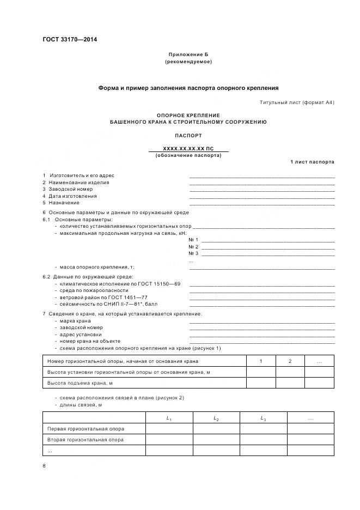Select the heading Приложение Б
coord(188,55)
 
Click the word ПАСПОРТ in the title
coord(188,135)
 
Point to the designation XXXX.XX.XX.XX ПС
coord(188,148)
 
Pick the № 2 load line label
coord(193,247)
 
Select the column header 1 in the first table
coord(260,361)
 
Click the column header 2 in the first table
coord(290,361)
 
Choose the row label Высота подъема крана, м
coord(80,383)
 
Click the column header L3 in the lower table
coord(263,418)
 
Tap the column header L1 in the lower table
coord(169,418)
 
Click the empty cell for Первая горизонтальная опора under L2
coord(216,429)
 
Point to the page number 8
coord(44,466)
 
